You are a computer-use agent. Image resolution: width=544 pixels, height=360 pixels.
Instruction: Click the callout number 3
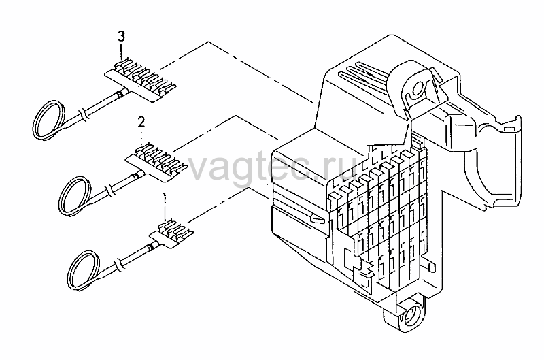pos(121,37)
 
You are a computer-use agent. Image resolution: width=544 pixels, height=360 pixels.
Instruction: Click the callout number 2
pos(141,122)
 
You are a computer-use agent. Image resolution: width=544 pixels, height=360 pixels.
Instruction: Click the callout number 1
pos(165,199)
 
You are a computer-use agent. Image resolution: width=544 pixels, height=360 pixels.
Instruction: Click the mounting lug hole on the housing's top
pos(418,88)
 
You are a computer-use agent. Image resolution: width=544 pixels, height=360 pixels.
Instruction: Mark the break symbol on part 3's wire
pos(82,114)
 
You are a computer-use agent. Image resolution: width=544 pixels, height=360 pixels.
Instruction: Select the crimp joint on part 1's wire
pos(150,247)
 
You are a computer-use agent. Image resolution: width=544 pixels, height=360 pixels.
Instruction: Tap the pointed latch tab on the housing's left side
pos(318,218)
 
